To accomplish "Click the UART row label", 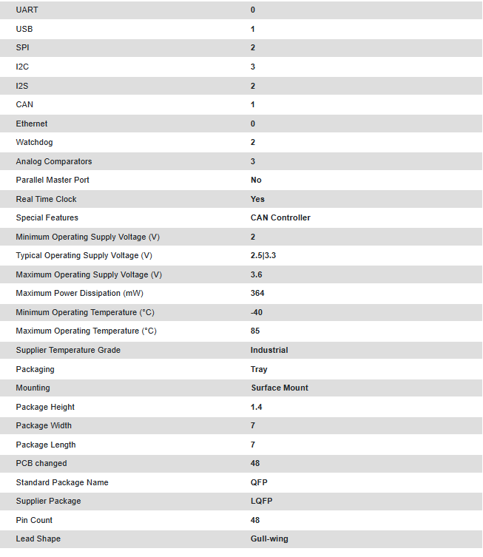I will (x=27, y=10).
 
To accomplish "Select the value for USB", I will (x=253, y=29).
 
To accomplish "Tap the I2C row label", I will (x=22, y=67).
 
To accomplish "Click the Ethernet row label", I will (x=32, y=124).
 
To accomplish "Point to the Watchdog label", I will (x=34, y=142).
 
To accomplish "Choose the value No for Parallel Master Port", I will (x=256, y=180).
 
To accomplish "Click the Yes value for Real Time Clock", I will (x=257, y=199).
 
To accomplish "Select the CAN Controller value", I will (x=280, y=217).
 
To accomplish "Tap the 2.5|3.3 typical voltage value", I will (x=263, y=255).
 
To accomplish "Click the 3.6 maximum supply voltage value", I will (x=257, y=274).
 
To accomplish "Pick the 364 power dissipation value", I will (x=257, y=293).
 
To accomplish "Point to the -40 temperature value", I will (x=257, y=312).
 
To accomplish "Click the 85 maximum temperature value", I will (x=255, y=331).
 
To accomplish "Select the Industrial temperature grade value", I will (x=269, y=350).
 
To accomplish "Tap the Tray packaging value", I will (x=259, y=369).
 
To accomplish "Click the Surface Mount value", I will (x=280, y=388).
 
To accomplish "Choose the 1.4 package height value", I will (x=257, y=407).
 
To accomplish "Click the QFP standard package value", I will (x=259, y=482).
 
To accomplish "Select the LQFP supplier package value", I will (x=261, y=501).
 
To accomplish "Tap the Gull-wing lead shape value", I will (x=270, y=539).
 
